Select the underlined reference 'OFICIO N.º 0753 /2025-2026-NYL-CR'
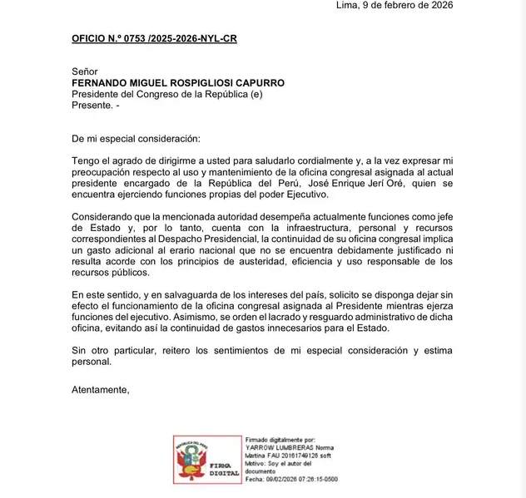point(154,39)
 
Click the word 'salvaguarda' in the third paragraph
point(181,294)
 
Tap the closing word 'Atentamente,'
point(100,389)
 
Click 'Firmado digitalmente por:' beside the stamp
point(280,440)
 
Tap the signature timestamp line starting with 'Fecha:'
point(291,479)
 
